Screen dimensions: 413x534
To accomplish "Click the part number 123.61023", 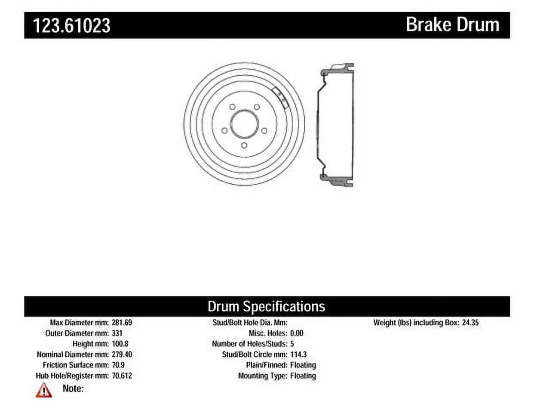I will pos(72,25).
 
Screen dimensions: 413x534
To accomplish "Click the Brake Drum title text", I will pos(452,25).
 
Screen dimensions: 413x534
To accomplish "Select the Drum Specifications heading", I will pos(266,306).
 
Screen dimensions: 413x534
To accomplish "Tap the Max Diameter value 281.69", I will pos(122,322).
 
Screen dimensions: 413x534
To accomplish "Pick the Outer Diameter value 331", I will pos(117,333).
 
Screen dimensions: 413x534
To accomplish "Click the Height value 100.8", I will pos(120,344).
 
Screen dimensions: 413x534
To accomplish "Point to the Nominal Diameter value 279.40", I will pos(122,354).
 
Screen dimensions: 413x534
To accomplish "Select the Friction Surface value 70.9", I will pos(118,365).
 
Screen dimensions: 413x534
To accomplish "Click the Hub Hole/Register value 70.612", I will pos(122,376).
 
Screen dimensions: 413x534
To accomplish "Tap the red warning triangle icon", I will pos(44,390).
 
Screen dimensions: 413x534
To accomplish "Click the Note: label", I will pos(73,388).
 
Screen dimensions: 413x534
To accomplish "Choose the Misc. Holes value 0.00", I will pos(297,333).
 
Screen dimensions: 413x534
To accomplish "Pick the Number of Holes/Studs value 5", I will pos(292,344).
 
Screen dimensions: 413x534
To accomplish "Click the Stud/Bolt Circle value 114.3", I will pos(298,354).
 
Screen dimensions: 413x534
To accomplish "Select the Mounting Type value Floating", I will pos(303,376).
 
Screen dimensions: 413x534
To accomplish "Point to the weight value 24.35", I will pos(470,322).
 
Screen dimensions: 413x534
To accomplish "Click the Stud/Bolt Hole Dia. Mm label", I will pos(250,322).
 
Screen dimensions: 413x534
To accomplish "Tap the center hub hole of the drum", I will pos(244,124).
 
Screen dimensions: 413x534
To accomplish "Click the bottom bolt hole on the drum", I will pos(244,145).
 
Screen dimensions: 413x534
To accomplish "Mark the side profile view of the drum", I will pos(335,124).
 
